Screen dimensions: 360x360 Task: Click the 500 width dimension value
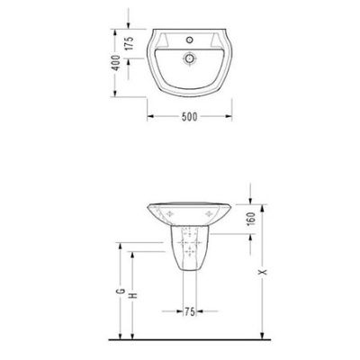(x=190, y=116)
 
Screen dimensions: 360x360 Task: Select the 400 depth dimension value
(x=116, y=63)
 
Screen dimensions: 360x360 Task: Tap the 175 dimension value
(x=129, y=44)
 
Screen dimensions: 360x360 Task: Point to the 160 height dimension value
(x=251, y=219)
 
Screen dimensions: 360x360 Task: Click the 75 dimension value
(x=190, y=311)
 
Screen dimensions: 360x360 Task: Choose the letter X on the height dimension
(x=263, y=273)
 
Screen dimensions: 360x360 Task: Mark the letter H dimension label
(x=133, y=295)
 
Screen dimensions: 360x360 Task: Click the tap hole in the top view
(x=189, y=40)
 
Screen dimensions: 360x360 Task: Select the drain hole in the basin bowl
(x=189, y=58)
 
